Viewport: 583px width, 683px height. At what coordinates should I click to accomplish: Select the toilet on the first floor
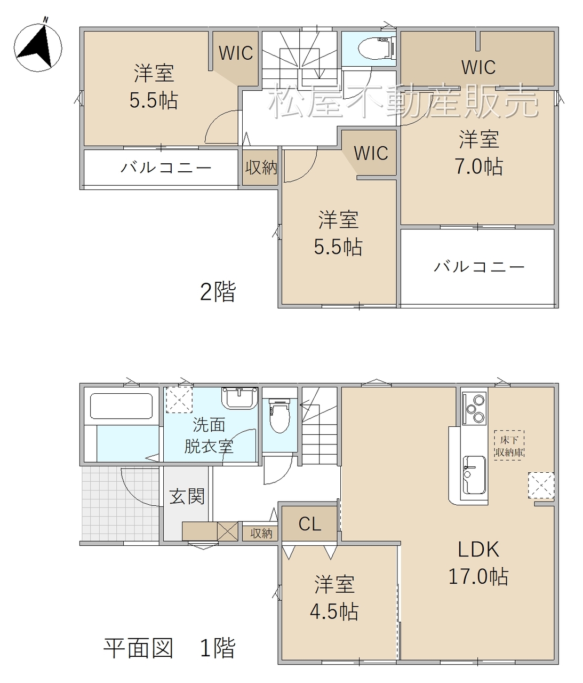[x=279, y=415]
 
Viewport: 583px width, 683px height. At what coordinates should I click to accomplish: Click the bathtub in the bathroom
[x=121, y=407]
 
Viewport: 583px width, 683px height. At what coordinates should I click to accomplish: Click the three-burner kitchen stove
[x=474, y=408]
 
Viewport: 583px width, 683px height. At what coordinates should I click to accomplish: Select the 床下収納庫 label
[x=509, y=446]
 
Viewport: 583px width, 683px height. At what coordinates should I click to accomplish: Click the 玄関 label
[x=187, y=496]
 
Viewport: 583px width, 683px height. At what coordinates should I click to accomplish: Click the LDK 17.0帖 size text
[x=478, y=577]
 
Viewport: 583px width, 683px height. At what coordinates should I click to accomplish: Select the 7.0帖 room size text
[x=478, y=166]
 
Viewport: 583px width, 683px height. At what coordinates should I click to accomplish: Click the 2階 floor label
[x=218, y=291]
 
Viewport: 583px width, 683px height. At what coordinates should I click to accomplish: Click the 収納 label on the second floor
[x=261, y=168]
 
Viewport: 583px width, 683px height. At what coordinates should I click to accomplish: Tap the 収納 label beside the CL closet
[x=261, y=533]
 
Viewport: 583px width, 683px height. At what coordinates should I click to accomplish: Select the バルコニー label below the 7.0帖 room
[x=478, y=266]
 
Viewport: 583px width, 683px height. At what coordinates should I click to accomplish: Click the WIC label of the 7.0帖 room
[x=478, y=67]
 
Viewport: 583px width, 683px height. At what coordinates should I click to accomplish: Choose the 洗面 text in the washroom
[x=209, y=425]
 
